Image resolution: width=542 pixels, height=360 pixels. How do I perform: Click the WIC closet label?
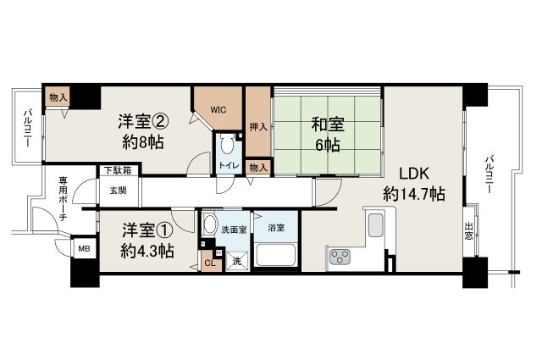(218, 108)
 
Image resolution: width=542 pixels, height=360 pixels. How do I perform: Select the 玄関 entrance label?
(116, 191)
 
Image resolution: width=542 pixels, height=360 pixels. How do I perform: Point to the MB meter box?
(85, 248)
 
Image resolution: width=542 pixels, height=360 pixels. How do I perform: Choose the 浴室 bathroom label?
(275, 227)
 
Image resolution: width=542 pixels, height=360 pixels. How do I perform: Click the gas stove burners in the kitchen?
(341, 257)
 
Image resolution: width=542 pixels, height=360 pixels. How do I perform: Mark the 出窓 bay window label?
(470, 230)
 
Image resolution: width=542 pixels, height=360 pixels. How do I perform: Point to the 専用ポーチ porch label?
(52, 197)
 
